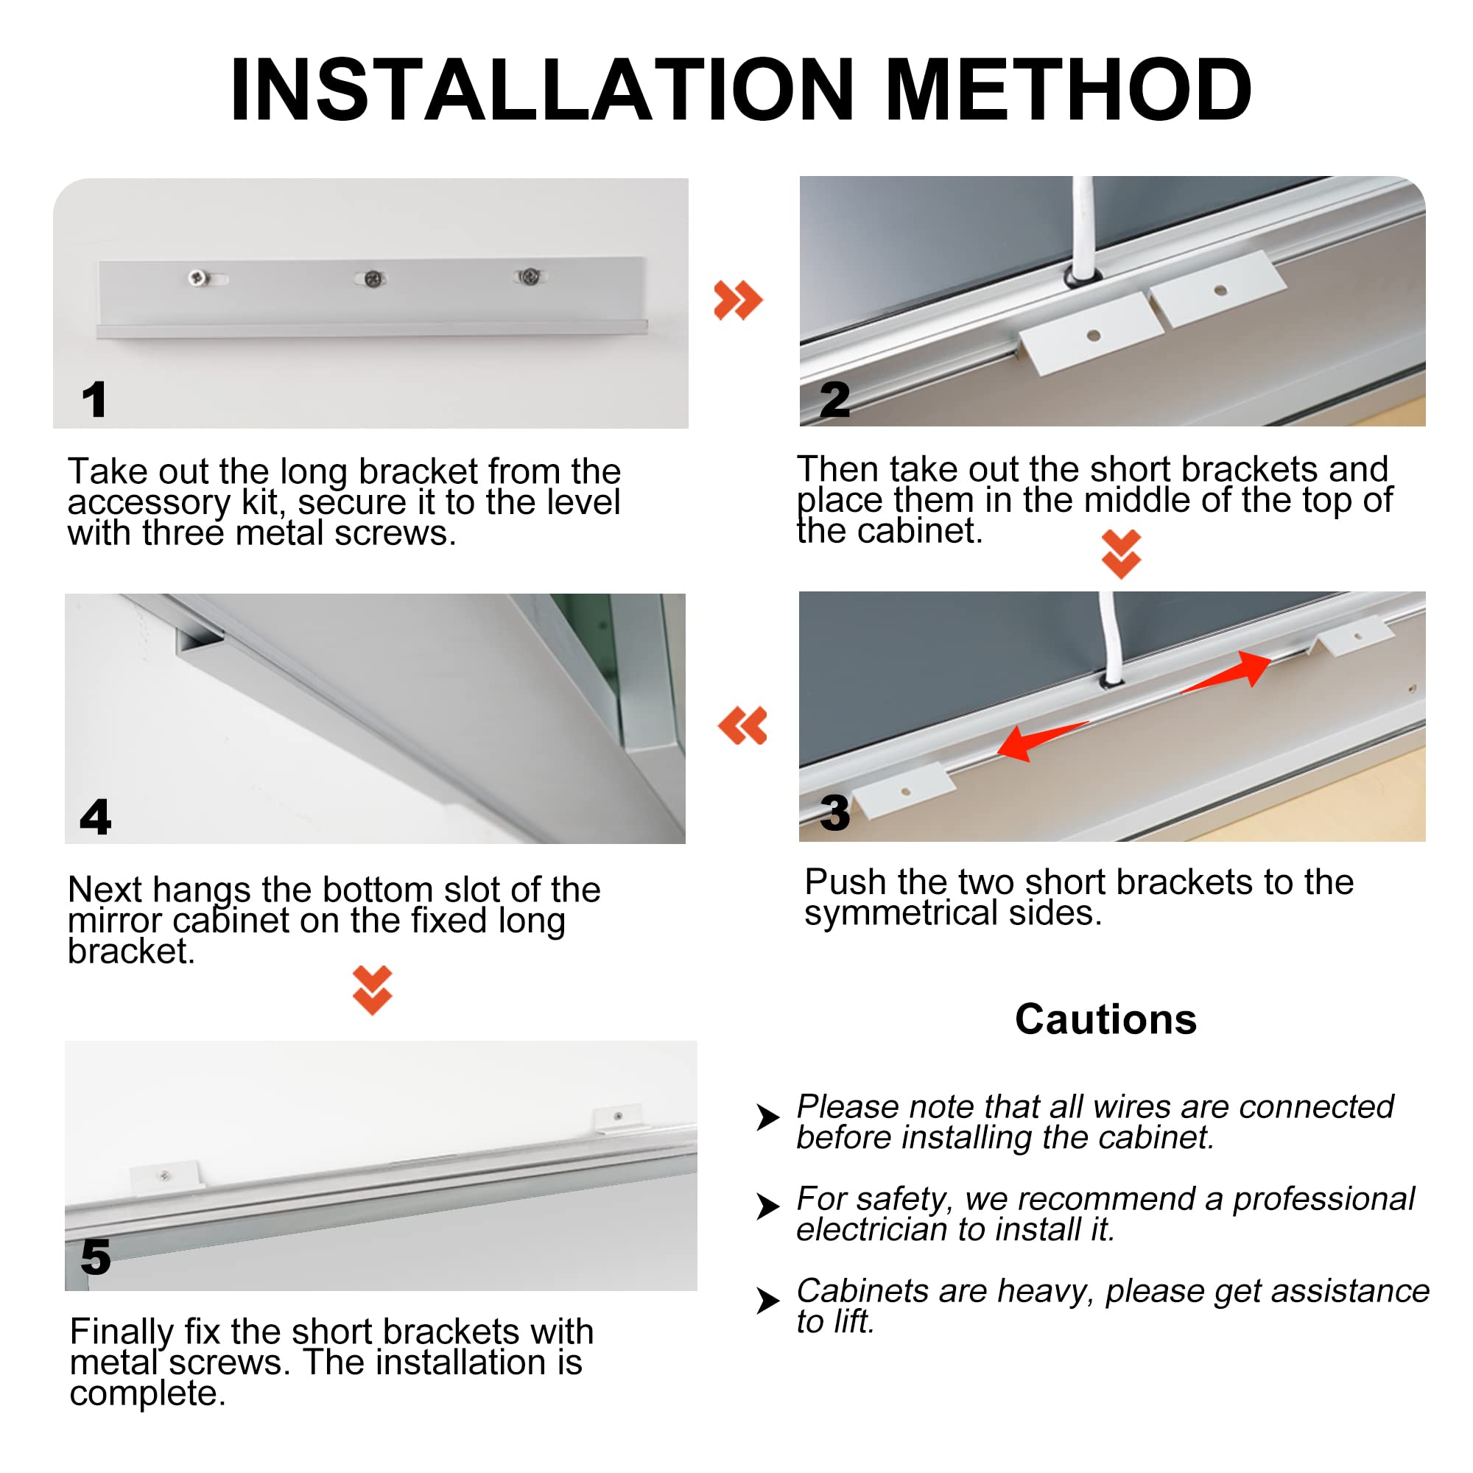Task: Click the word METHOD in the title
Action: pyautogui.click(x=1067, y=90)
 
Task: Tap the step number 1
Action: pyautogui.click(x=94, y=399)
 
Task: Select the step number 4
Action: pyautogui.click(x=95, y=817)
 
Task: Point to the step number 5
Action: pyautogui.click(x=96, y=1256)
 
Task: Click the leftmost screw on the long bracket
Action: pyautogui.click(x=198, y=278)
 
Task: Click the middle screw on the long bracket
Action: pyautogui.click(x=373, y=279)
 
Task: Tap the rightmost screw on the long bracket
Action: pyautogui.click(x=530, y=276)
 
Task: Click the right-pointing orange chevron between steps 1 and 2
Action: pyautogui.click(x=737, y=300)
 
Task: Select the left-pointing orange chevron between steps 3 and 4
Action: pyautogui.click(x=742, y=725)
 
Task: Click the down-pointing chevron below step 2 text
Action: pyautogui.click(x=1121, y=555)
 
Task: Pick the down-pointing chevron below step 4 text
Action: pyautogui.click(x=372, y=990)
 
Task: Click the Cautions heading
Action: pyautogui.click(x=1105, y=1019)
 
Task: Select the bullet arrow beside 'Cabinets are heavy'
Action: pyautogui.click(x=767, y=1300)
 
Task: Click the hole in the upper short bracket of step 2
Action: pyautogui.click(x=1220, y=289)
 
